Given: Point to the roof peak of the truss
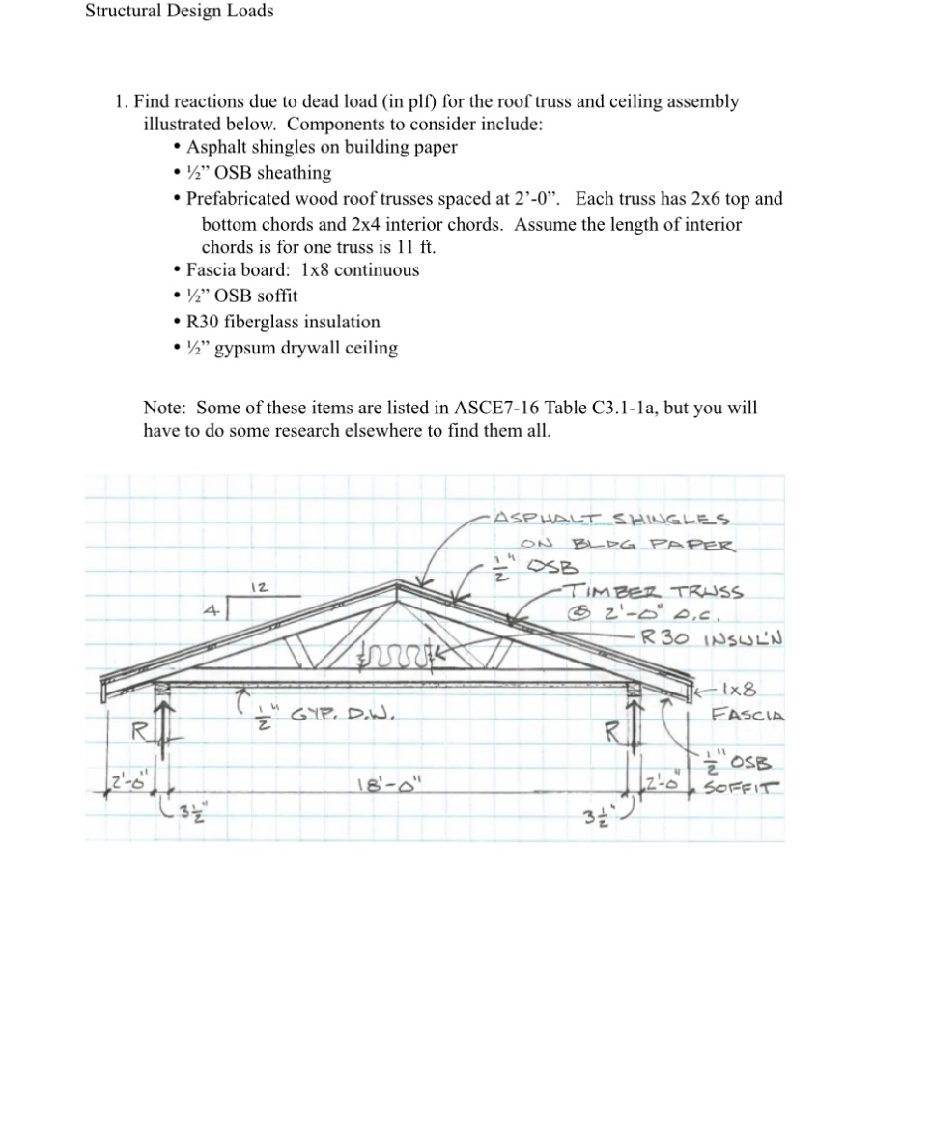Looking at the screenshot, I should tap(399, 583).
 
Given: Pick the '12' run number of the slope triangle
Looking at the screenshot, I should tap(259, 587).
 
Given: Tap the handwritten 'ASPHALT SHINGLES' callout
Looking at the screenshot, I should tap(611, 519).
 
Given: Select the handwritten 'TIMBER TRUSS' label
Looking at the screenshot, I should tap(654, 592).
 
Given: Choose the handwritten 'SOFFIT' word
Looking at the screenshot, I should tap(743, 788).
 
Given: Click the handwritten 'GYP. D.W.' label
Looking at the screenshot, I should tap(341, 716).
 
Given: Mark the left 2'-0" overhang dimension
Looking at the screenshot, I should tap(126, 781).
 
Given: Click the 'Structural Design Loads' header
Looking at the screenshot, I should tap(179, 12).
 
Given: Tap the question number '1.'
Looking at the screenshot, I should tap(121, 101).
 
